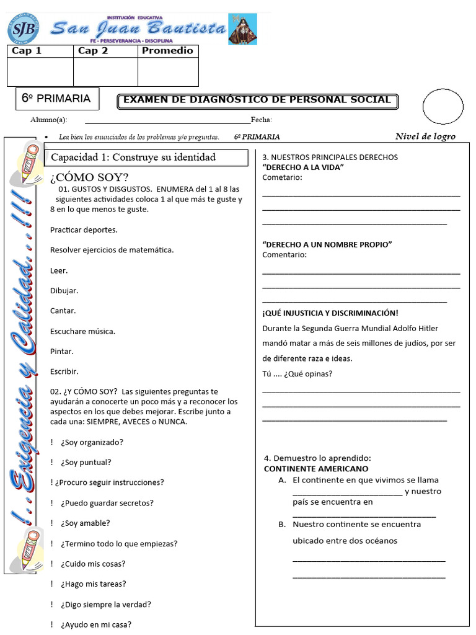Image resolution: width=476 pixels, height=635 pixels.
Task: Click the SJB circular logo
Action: pos(23,29)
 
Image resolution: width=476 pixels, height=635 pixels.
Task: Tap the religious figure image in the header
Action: pos(242,29)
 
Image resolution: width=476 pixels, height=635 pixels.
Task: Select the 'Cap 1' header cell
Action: pos(40,51)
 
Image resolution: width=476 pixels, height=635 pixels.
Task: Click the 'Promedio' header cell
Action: pos(167,51)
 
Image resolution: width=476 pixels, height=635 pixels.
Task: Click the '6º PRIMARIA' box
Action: pos(56,98)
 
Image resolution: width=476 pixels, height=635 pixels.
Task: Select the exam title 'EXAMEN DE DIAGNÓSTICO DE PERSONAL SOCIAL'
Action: pos(257,100)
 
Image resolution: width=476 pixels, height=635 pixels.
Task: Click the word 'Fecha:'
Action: pos(261,120)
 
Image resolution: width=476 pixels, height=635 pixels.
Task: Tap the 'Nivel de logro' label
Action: pos(425,136)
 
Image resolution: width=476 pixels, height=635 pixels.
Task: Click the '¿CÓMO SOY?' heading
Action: pos(89,177)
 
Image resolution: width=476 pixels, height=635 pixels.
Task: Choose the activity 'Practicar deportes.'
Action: pos(84,230)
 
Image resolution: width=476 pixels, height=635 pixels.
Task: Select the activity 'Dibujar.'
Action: pos(64,291)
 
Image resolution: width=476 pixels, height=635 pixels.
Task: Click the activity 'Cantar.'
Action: pos(63,311)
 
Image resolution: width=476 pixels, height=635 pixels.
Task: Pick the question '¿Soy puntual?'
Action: pos(86,462)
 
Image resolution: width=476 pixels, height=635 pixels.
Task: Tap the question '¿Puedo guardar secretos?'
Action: pos(107,503)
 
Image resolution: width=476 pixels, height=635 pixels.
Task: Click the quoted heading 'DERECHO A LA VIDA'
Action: pos(303,167)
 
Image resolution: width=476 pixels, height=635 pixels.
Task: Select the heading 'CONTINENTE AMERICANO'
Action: pos(316,469)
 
